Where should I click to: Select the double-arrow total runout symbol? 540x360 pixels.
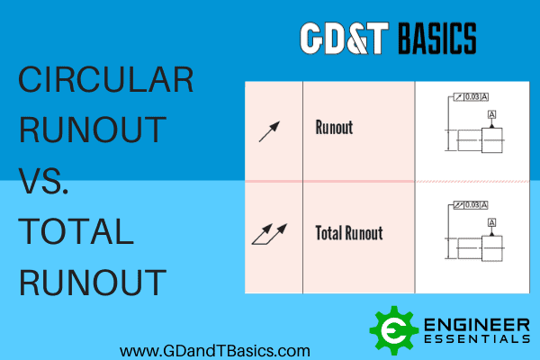[x=271, y=236]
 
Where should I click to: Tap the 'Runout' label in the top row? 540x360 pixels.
[x=333, y=127]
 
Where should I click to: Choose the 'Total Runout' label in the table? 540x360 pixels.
[x=349, y=233]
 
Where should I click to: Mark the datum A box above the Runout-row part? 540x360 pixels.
[x=491, y=114]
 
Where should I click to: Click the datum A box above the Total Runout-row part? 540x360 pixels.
[x=491, y=220]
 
